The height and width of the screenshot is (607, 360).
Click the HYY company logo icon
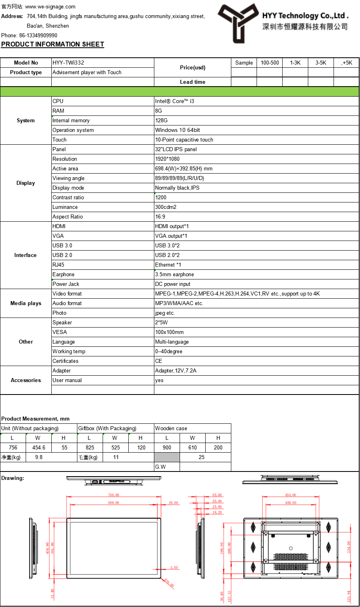pos(238,22)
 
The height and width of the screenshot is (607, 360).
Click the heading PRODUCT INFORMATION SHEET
pos(53,44)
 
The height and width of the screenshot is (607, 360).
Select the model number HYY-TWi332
pos(68,63)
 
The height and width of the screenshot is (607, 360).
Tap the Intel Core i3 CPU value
pos(174,101)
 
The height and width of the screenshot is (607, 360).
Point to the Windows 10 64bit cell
pos(178,130)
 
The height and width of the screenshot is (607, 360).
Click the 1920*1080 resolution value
pos(167,159)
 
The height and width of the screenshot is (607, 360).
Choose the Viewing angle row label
pos(69,178)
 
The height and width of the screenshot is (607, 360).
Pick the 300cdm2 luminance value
pos(166,207)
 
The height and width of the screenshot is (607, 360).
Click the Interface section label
pos(25,255)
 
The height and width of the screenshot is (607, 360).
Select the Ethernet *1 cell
pos(168,265)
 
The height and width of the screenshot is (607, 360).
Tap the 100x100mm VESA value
pos(169,332)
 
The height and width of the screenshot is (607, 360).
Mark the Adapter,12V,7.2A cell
pos(176,370)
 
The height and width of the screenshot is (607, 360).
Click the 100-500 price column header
pos(270,63)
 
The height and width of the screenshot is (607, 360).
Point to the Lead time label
pos(192,82)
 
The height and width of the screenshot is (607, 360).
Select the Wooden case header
pos(171,428)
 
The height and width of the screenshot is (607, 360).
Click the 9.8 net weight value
pos(38,457)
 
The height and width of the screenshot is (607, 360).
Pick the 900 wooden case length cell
pos(167,447)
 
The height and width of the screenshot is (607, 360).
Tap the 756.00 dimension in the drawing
pos(113,495)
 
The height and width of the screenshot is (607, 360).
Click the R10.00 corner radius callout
pos(169,583)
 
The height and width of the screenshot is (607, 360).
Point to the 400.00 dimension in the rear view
pos(291,503)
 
